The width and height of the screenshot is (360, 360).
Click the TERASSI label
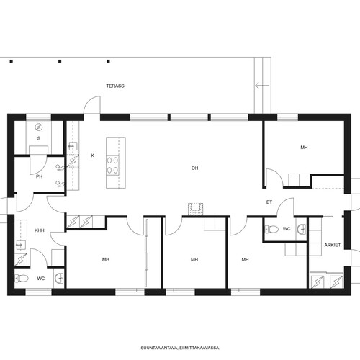(x=116, y=86)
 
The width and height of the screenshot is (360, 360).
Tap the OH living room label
(x=194, y=168)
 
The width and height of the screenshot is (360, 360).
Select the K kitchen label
(x=93, y=156)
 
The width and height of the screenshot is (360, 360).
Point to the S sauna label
(x=39, y=138)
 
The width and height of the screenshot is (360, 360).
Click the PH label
(x=40, y=176)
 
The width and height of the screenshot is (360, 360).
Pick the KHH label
(x=40, y=230)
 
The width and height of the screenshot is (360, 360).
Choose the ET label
(x=269, y=202)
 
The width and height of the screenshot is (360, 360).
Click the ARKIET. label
(x=333, y=245)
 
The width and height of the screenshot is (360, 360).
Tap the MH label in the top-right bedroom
(x=304, y=148)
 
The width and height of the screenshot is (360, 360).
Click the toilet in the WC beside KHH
(x=22, y=279)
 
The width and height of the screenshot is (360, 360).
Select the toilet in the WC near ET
(x=271, y=229)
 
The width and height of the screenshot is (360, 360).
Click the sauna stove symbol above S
(x=38, y=127)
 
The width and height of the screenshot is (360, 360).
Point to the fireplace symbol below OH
(x=195, y=209)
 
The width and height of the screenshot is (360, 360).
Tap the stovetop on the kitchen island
(x=112, y=165)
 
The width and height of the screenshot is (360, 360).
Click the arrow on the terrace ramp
(x=262, y=86)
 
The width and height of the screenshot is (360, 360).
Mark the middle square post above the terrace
(x=60, y=61)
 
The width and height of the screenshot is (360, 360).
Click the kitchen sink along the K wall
(x=72, y=146)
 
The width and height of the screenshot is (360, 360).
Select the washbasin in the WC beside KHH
(x=59, y=279)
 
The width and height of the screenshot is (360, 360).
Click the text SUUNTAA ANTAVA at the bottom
(x=159, y=348)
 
